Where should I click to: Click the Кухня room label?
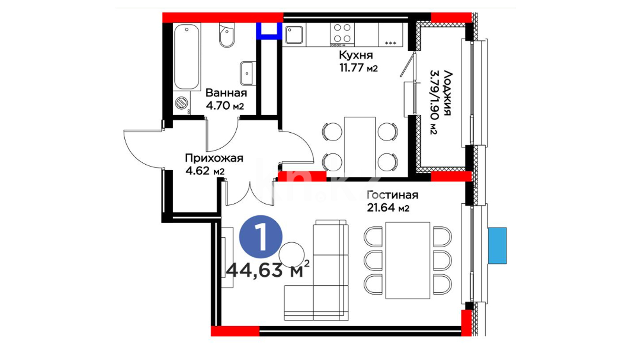tap(356, 55)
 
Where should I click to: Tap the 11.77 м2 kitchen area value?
tap(358, 68)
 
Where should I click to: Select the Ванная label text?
tap(226, 93)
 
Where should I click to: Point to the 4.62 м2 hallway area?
tap(205, 171)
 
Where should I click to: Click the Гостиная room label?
tap(392, 195)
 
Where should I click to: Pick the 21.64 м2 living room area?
tap(388, 208)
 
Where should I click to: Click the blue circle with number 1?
tap(261, 237)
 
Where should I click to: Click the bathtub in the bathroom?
tap(187, 57)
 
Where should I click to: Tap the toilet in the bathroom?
tap(227, 35)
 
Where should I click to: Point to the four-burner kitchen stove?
tap(342, 35)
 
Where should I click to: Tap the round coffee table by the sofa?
tap(292, 254)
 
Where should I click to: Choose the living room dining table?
tap(407, 260)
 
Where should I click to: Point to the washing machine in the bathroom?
tap(182, 103)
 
